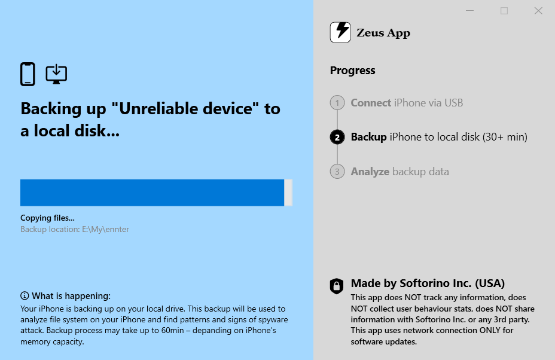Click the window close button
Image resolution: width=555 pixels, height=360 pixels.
(538, 11)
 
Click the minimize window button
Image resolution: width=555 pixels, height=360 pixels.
(469, 11)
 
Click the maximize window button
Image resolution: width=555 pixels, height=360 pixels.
(504, 11)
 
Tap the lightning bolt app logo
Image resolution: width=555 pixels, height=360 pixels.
(340, 32)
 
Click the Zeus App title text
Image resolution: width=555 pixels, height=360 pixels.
(383, 32)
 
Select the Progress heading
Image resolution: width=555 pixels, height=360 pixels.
(352, 71)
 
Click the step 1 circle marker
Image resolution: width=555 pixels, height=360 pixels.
(337, 103)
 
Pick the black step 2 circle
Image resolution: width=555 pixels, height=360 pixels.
(337, 137)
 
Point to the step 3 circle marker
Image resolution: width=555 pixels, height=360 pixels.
(337, 172)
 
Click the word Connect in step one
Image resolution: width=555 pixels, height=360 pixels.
(371, 103)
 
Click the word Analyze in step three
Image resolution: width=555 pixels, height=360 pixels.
(370, 172)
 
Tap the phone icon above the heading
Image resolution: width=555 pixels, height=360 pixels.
(28, 74)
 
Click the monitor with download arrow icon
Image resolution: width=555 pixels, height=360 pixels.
(56, 74)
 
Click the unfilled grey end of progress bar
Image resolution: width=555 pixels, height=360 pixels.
(288, 193)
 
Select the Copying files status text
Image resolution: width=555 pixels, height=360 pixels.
(47, 218)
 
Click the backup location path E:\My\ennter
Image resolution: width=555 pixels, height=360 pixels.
(105, 230)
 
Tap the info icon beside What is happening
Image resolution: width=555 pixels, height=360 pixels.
(25, 295)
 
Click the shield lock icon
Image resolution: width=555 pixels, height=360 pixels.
(337, 286)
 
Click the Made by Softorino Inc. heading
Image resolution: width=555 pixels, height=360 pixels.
(428, 283)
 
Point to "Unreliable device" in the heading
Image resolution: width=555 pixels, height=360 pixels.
(185, 109)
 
